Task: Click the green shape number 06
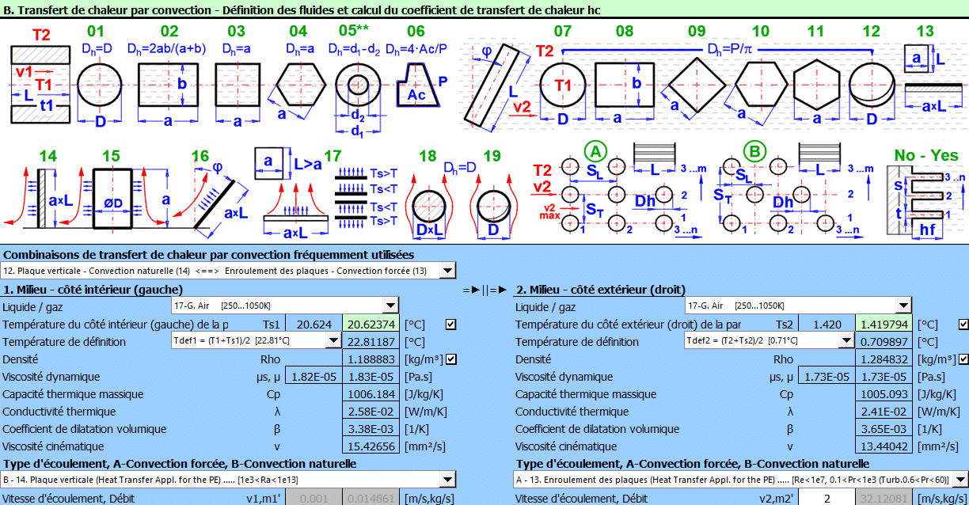[x=416, y=32]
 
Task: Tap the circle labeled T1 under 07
[x=563, y=85]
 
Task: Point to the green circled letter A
[x=594, y=151]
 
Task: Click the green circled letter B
[x=754, y=151]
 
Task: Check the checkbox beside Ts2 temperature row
[x=963, y=325]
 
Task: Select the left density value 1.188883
[x=371, y=359]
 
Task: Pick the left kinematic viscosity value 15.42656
[x=371, y=446]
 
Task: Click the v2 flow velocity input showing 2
[x=826, y=499]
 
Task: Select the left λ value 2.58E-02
[x=371, y=412]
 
